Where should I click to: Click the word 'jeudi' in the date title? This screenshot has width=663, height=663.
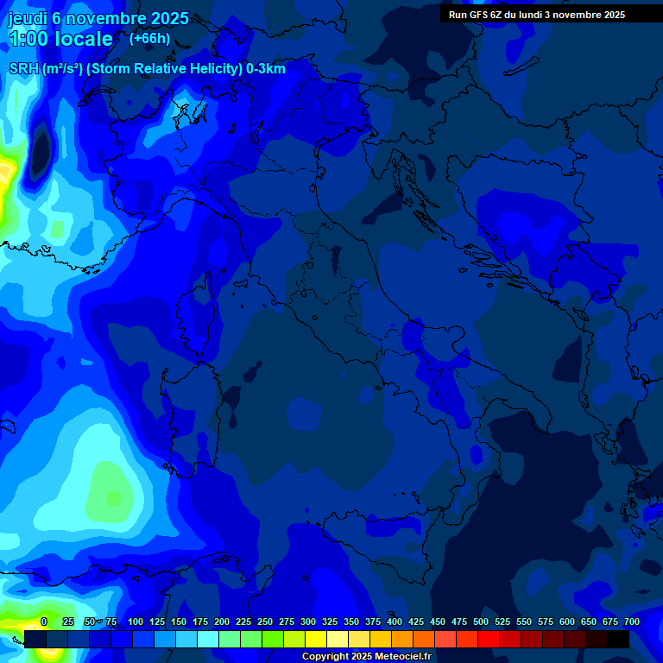(27, 18)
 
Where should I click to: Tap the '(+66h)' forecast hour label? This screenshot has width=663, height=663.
(149, 39)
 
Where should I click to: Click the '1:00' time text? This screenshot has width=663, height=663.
(28, 40)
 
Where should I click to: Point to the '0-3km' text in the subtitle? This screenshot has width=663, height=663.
(266, 69)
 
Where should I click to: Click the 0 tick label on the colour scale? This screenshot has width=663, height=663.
(44, 622)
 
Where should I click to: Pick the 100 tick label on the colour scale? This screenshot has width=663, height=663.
(136, 622)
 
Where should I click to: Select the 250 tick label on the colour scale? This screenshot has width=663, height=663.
(265, 622)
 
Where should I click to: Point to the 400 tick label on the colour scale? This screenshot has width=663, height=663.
(395, 622)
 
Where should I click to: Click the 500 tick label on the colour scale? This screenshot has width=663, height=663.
(481, 622)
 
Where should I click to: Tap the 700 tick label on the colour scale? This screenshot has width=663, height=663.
(632, 622)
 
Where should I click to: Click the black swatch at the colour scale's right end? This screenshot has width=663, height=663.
(617, 639)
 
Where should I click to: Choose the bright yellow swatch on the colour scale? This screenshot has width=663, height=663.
(315, 639)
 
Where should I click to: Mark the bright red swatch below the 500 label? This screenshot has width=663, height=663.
(488, 639)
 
